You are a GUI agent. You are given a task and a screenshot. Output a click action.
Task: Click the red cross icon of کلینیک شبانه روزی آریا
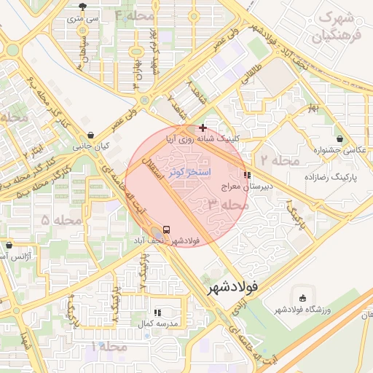pyautogui.click(x=202, y=127)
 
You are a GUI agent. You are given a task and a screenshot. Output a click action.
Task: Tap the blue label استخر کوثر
pyautogui.click(x=189, y=172)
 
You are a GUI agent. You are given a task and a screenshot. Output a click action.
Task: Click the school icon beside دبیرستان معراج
pyautogui.click(x=247, y=175)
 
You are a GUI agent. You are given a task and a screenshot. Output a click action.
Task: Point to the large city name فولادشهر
pyautogui.click(x=232, y=287)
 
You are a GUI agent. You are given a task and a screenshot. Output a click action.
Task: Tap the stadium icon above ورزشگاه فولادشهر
pyautogui.click(x=302, y=297)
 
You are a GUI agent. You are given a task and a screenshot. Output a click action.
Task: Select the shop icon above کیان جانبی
pyautogui.click(x=90, y=135)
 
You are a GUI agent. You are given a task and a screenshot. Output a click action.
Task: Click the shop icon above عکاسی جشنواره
pyautogui.click(x=339, y=138)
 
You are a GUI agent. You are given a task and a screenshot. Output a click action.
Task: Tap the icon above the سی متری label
pyautogui.click(x=85, y=6)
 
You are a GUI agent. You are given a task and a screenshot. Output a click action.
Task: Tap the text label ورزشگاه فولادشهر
pyautogui.click(x=302, y=310)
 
